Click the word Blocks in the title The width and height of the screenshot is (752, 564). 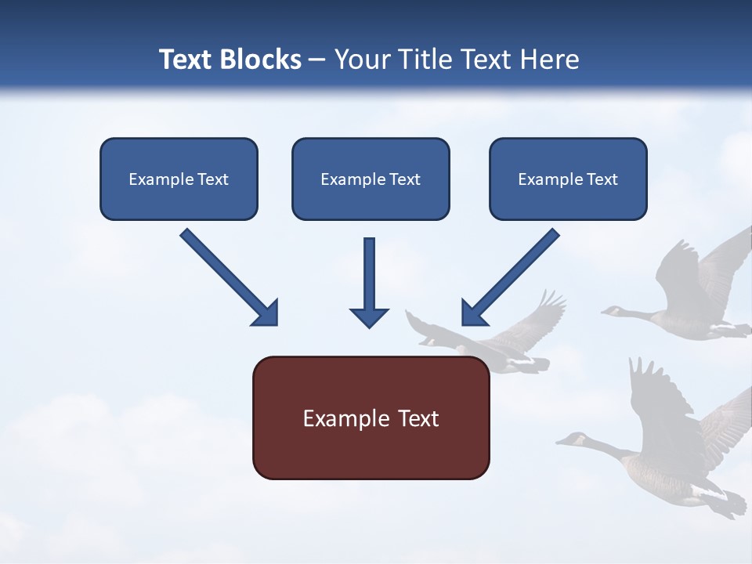coord(262,60)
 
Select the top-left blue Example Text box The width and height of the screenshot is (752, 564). coord(179,179)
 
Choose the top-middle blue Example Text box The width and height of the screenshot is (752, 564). coord(371,179)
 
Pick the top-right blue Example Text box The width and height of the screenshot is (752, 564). coord(568,179)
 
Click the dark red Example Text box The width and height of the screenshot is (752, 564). coord(371,418)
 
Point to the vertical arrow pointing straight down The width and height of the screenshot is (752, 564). coord(369,282)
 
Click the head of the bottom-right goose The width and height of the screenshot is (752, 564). coord(574,439)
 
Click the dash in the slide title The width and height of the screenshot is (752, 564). coord(317,60)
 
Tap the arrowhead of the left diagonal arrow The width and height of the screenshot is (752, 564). coord(266,313)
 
